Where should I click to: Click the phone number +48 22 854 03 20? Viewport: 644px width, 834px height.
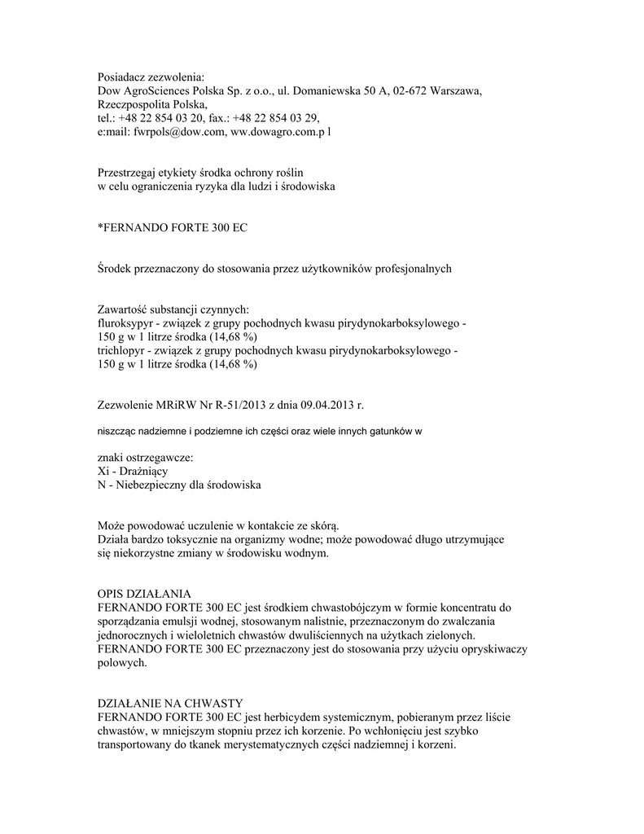click(x=163, y=119)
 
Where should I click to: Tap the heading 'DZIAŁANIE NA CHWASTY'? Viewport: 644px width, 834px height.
click(x=169, y=703)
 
